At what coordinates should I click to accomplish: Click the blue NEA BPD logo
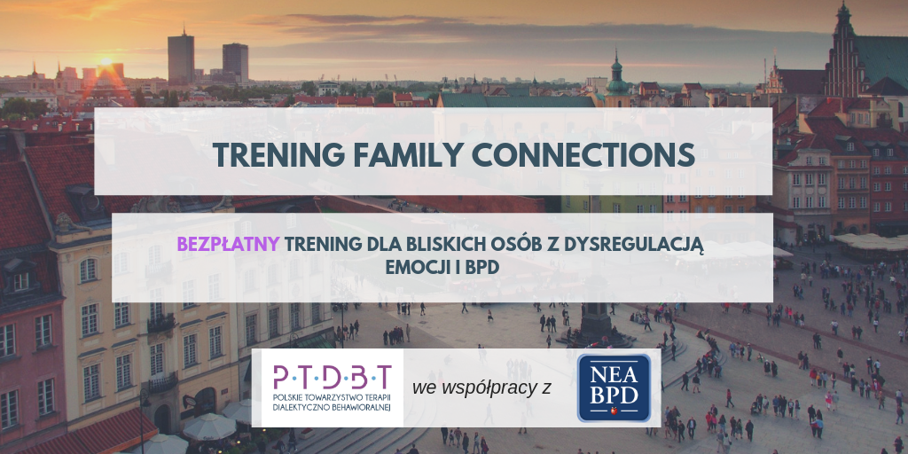614,388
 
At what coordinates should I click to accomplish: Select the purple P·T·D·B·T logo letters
333,378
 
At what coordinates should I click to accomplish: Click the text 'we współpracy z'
481,388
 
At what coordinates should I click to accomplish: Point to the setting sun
106,61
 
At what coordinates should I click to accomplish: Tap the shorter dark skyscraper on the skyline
235,63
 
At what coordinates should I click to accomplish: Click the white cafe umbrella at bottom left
209,427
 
